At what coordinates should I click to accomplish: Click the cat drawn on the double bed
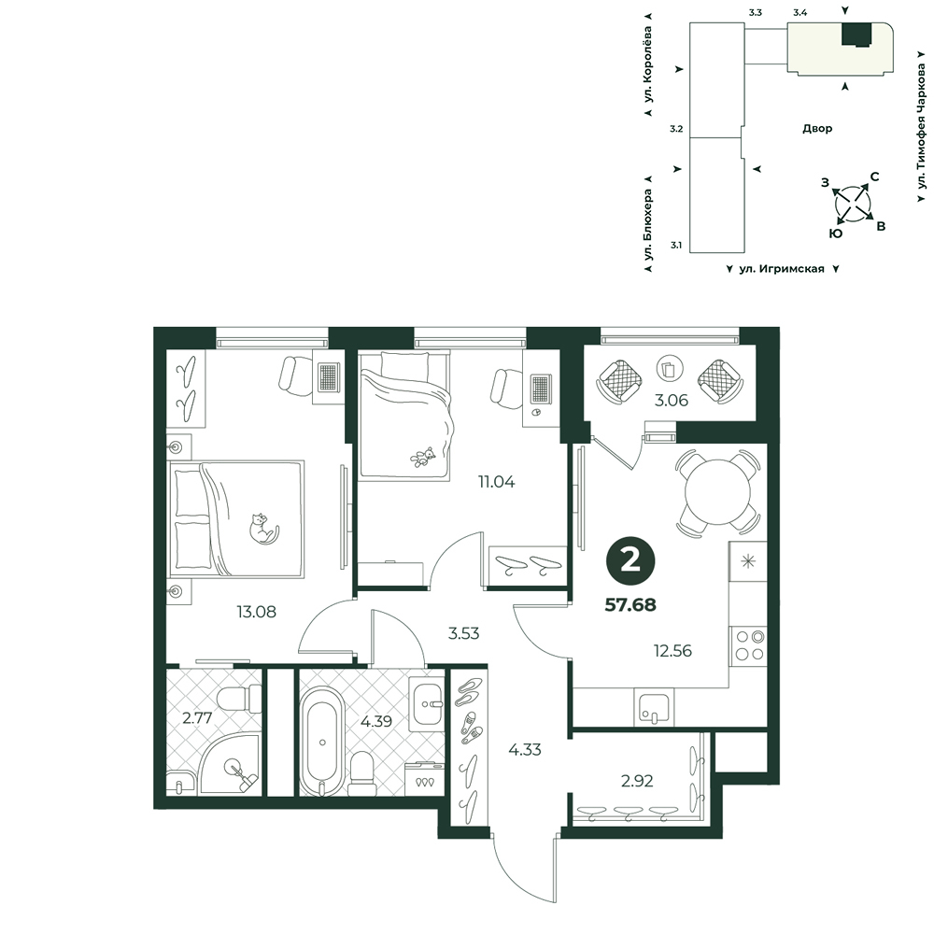tap(262, 529)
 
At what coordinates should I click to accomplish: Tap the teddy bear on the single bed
tap(423, 457)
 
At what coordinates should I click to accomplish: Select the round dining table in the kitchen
tap(717, 492)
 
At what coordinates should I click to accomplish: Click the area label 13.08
tap(256, 612)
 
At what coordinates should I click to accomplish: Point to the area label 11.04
tap(496, 481)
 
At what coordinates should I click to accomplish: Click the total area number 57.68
tap(630, 604)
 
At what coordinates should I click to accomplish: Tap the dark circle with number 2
tap(630, 560)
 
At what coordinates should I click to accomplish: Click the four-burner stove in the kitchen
tap(749, 645)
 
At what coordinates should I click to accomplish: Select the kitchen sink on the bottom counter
tap(654, 707)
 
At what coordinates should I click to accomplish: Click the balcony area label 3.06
tap(672, 401)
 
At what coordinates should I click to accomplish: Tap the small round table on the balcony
tap(670, 369)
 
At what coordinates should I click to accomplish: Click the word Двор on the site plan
tap(817, 128)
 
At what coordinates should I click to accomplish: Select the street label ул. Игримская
tap(782, 269)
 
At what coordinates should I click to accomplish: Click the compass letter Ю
tap(836, 233)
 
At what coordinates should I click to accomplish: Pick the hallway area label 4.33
tap(525, 749)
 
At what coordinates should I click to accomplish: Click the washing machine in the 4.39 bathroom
tap(425, 779)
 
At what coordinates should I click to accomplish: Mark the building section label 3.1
tap(676, 245)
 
